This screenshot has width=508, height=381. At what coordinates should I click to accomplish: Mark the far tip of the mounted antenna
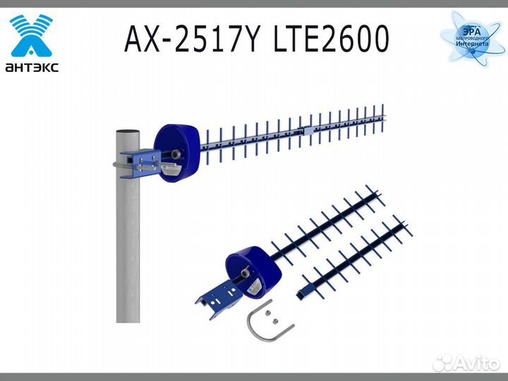[x=385, y=110]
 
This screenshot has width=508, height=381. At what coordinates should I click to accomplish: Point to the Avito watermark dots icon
[x=442, y=363]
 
